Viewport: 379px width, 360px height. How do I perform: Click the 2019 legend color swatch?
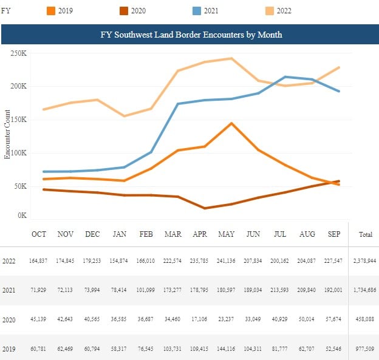(51, 10)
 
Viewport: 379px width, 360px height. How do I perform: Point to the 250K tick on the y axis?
(19, 53)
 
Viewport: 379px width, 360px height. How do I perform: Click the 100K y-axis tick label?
(19, 152)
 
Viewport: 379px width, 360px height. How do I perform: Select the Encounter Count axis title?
(8, 134)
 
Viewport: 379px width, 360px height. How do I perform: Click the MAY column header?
(227, 234)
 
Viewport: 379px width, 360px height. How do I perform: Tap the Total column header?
(366, 234)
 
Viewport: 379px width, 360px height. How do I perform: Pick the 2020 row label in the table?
(8, 319)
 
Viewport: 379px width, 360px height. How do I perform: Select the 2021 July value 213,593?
(279, 290)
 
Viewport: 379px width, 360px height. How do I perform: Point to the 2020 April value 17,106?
(200, 319)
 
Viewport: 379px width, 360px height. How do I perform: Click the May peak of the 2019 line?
(231, 123)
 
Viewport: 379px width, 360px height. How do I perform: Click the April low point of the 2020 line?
(205, 208)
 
